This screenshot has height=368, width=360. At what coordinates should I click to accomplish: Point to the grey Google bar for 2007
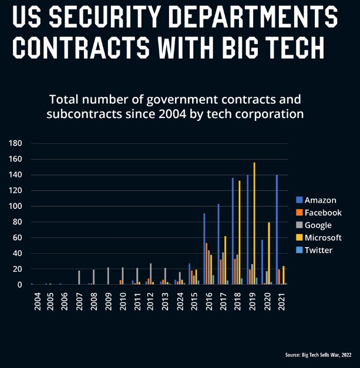pyautogui.click(x=79, y=278)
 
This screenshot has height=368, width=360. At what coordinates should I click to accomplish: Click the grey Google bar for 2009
pyautogui.click(x=108, y=276)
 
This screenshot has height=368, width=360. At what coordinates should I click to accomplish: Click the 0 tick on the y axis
pyautogui.click(x=19, y=285)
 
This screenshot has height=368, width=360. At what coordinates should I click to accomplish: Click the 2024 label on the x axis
pyautogui.click(x=180, y=300)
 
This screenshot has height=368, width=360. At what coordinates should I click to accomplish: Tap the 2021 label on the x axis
pyautogui.click(x=281, y=300)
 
